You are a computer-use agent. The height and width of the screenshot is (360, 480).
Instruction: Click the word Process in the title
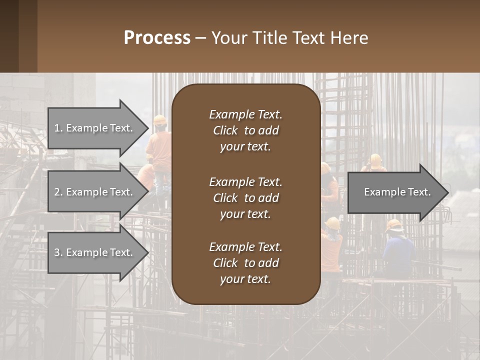[157, 38]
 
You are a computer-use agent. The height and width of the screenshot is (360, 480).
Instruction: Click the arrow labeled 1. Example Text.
[95, 128]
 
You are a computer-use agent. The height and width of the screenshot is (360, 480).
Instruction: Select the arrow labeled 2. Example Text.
[95, 192]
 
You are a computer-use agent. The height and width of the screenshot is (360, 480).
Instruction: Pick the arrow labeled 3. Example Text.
[95, 252]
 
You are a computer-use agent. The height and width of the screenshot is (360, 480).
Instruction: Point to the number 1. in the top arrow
[58, 128]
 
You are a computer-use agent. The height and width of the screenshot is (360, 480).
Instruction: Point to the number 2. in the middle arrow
[58, 192]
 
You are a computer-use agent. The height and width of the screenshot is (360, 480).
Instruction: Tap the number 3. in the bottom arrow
[58, 252]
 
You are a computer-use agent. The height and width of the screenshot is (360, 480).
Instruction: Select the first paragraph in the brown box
[245, 130]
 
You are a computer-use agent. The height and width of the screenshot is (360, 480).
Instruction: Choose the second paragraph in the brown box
[245, 198]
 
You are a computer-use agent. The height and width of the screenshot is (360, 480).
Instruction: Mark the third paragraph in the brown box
[245, 263]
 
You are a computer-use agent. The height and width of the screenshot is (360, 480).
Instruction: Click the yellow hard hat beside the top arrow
[160, 120]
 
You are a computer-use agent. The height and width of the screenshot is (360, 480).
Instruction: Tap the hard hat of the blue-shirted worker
[395, 224]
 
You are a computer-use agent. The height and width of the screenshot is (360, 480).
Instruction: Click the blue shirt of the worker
[398, 252]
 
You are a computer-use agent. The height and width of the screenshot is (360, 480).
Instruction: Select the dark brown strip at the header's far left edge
[9, 36]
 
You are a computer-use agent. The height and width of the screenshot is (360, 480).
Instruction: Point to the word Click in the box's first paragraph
[225, 130]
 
